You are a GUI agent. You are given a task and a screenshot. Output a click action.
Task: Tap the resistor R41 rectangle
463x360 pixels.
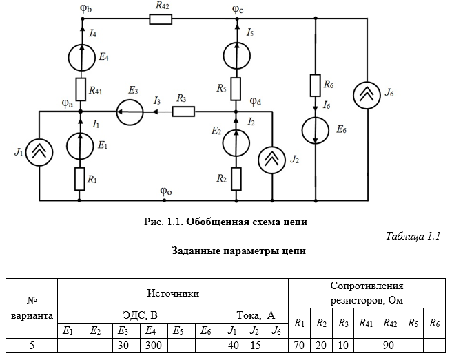81,89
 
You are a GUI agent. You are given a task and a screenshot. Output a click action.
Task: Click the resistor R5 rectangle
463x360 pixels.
236,88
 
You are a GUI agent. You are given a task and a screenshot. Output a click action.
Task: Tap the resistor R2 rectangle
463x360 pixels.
236,178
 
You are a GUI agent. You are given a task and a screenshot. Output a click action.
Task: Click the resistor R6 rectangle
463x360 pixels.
316,86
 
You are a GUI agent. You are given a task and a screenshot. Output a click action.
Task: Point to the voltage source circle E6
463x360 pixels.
316,130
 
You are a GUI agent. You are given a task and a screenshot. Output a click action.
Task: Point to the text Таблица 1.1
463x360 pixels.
413,237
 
